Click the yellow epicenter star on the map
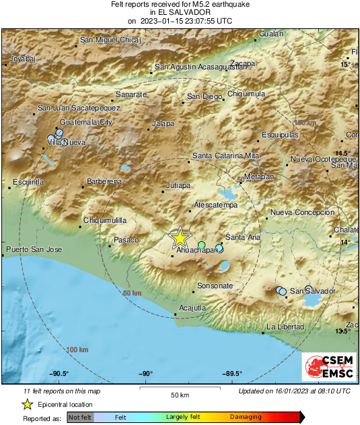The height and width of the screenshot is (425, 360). coord(180,237)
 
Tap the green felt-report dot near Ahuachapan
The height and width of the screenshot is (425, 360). coord(201,244)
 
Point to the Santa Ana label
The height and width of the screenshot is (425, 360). coord(243,237)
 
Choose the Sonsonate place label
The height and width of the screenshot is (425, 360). coord(215,286)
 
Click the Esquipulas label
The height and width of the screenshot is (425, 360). coord(279,135)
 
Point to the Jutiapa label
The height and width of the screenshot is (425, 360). coord(179,185)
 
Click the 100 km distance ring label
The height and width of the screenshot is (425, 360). coord(77,350)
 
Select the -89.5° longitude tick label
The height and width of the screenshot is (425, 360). coord(232,374)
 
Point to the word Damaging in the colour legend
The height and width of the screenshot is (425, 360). coord(246,418)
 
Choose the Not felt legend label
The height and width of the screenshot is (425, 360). coord(81,418)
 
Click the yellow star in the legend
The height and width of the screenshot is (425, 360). coord(27,405)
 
